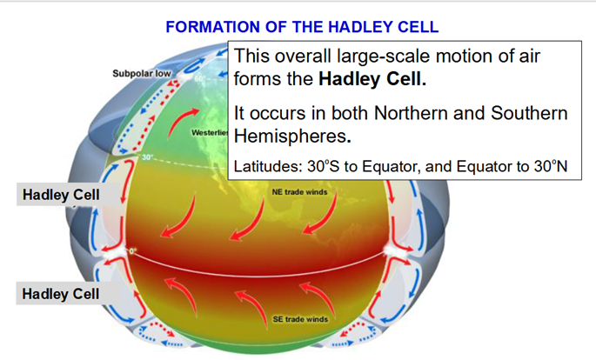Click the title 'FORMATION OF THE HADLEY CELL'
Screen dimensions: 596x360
pyautogui.click(x=302, y=27)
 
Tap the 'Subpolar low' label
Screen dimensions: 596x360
pyautogui.click(x=142, y=73)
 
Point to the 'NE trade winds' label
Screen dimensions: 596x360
pyautogui.click(x=299, y=192)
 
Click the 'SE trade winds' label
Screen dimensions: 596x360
pyautogui.click(x=300, y=319)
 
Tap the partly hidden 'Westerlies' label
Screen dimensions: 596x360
pyautogui.click(x=210, y=132)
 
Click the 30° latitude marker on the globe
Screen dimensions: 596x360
pyautogui.click(x=148, y=157)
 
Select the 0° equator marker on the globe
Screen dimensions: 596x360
pyautogui.click(x=132, y=251)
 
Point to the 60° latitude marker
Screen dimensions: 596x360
pyautogui.click(x=200, y=78)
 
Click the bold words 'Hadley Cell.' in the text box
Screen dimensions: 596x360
pyautogui.click(x=372, y=79)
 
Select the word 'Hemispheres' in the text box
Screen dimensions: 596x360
pyautogui.click(x=289, y=136)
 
